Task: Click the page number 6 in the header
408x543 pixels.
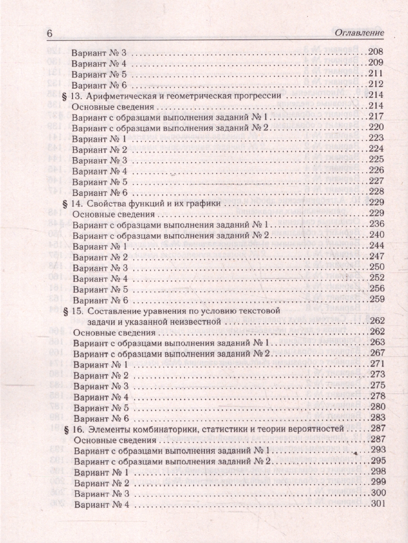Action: click(x=50, y=33)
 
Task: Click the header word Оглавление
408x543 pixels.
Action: click(x=358, y=33)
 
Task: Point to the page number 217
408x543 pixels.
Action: click(x=377, y=117)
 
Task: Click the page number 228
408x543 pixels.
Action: click(x=377, y=192)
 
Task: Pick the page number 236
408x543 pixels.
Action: click(x=377, y=224)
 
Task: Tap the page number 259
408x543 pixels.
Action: click(x=377, y=300)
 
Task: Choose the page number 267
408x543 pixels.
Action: click(x=377, y=353)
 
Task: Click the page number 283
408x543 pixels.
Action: click(x=377, y=418)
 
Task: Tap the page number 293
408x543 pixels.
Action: click(x=377, y=450)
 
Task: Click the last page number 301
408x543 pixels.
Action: click(x=377, y=504)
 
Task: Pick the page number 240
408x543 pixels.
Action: click(x=377, y=235)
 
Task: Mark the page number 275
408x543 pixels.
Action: click(x=377, y=386)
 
